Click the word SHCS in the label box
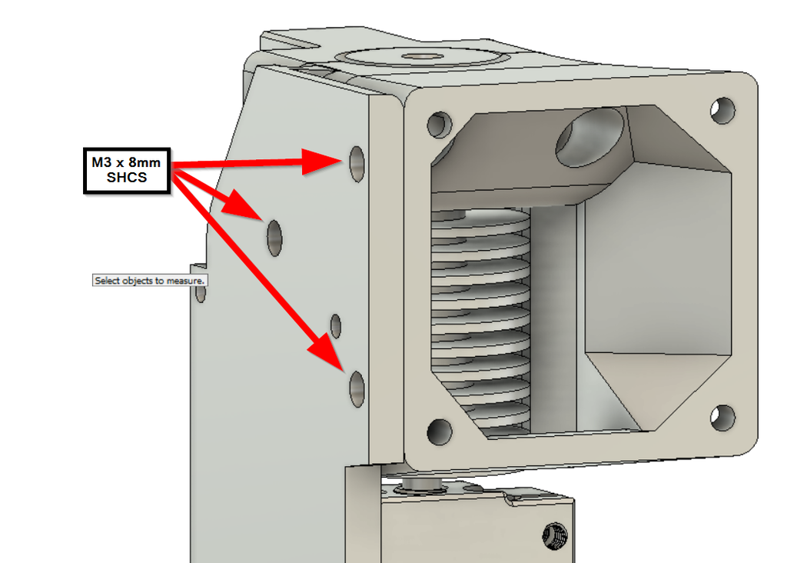coord(127,178)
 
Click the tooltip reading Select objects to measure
coord(149,281)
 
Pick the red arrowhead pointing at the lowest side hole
coord(326,355)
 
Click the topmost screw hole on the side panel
coord(357,163)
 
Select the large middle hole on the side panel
coord(274,236)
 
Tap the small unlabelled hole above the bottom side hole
coord(336,325)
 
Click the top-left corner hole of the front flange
coord(439,123)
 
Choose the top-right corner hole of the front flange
coord(722,110)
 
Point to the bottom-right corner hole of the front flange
coord(722,418)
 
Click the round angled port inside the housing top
coord(589,137)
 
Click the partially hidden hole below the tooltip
coord(201,293)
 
